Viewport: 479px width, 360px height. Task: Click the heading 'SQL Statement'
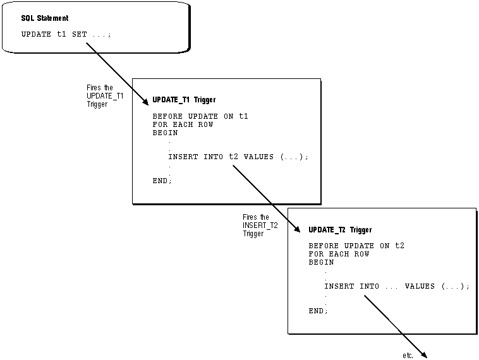pos(45,18)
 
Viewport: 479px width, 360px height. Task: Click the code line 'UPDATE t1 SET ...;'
pos(66,34)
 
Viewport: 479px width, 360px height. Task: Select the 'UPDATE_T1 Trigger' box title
pos(184,100)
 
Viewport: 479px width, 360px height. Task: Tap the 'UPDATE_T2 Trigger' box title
pos(340,230)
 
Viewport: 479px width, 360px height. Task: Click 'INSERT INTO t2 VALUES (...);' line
pos(238,157)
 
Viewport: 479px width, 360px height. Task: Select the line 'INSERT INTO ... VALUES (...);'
pos(397,286)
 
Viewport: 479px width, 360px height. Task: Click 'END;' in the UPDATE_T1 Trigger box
pos(162,181)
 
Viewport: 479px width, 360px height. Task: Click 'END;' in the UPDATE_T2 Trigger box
pos(318,311)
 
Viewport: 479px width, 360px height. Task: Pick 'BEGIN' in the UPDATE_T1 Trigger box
pos(165,133)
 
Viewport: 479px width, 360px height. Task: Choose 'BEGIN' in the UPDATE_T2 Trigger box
pos(321,262)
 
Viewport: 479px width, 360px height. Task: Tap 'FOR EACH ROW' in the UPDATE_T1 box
pos(183,124)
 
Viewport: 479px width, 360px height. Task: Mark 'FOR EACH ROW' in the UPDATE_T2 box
pos(339,254)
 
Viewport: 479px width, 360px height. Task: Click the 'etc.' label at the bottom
pos(408,356)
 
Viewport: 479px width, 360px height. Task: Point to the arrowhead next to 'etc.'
pos(425,354)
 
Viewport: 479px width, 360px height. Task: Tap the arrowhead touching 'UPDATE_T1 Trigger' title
pos(147,100)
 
